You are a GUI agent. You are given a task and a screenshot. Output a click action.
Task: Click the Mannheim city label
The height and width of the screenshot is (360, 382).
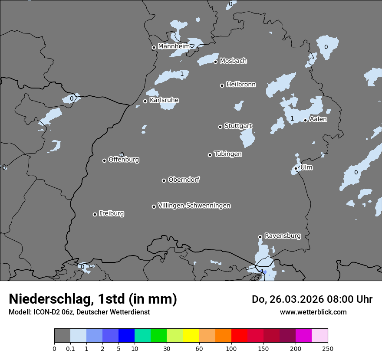tap(174, 46)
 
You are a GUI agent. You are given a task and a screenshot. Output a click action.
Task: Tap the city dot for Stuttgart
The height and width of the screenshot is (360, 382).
tap(220, 127)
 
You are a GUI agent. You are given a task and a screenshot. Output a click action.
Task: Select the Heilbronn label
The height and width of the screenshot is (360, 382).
tap(241, 84)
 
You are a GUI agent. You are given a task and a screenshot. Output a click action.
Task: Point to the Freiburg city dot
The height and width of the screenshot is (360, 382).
tap(95, 214)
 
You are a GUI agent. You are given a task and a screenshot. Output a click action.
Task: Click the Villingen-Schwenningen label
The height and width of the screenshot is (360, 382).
tap(194, 205)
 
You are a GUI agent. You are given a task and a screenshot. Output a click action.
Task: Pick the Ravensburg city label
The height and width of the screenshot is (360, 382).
tap(283, 236)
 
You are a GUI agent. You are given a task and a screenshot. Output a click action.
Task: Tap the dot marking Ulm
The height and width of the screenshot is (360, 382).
tap(296, 168)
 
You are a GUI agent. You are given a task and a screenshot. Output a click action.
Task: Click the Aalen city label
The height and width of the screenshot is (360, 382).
tap(318, 119)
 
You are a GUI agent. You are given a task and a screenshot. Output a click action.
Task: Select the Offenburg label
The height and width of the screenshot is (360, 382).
tap(124, 159)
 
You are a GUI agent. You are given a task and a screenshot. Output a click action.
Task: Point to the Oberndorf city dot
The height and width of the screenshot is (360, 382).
tap(164, 180)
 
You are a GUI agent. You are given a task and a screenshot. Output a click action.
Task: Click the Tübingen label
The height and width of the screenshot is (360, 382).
tap(228, 154)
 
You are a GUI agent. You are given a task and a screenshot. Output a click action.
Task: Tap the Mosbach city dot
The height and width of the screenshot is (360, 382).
tap(215, 62)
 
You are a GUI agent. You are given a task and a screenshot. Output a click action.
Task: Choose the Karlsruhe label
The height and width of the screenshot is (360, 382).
tap(164, 100)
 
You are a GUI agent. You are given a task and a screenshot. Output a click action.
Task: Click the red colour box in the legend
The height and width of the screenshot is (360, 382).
tap(239, 336)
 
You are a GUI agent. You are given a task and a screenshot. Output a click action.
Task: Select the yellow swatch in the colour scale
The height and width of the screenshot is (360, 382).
tap(191, 336)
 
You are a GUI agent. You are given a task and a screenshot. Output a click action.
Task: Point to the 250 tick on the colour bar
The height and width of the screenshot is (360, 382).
tap(328, 348)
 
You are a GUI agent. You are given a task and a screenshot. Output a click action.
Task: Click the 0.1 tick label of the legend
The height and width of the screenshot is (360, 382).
tap(70, 348)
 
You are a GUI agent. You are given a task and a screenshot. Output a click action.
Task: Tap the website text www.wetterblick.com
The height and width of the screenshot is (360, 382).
tap(313, 312)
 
